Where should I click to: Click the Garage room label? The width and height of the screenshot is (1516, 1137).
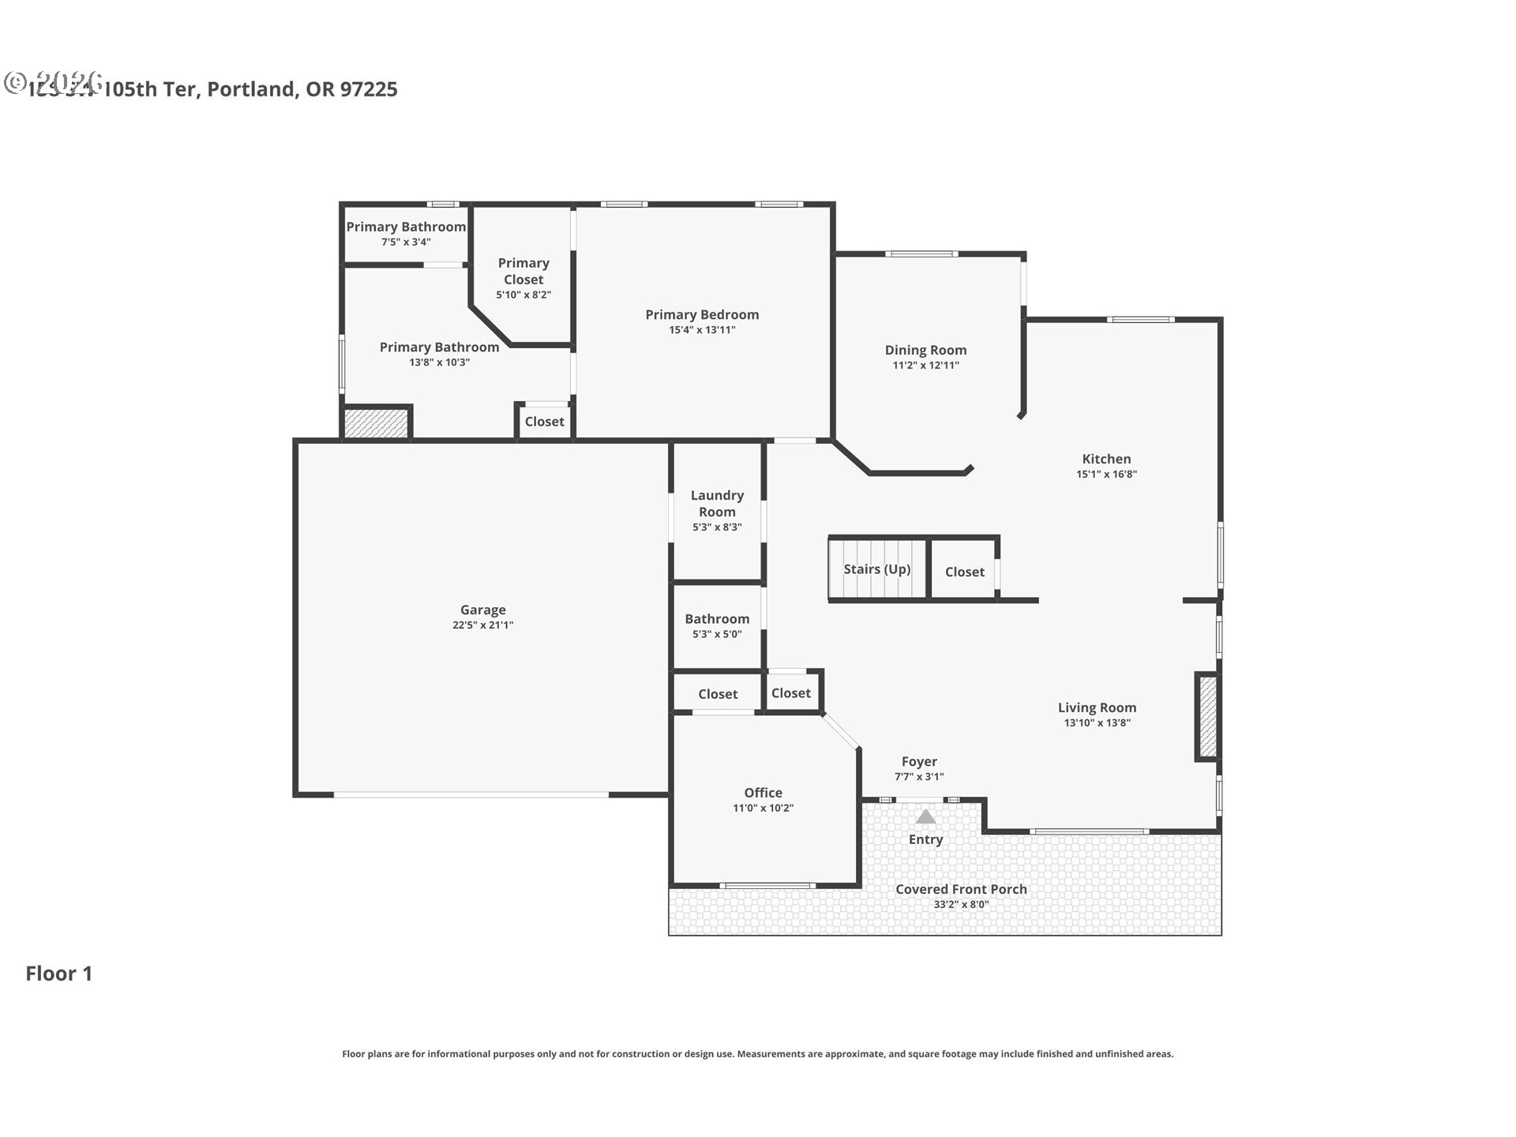[x=482, y=610]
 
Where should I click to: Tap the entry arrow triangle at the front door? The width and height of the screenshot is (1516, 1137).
[x=925, y=816]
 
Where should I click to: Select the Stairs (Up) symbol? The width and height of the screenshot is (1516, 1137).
[x=876, y=569]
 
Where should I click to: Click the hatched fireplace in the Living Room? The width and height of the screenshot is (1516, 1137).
[x=1207, y=717]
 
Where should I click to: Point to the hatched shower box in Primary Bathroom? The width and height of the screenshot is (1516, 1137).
[x=377, y=422]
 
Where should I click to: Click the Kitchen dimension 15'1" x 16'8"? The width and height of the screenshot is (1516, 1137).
[x=1106, y=475]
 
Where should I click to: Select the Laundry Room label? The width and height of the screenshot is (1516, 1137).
[x=717, y=503]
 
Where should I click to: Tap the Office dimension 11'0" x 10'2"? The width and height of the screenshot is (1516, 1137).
[x=763, y=809]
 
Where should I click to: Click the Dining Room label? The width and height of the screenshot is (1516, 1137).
[x=925, y=350]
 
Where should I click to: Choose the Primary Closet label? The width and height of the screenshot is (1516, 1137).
[x=523, y=271]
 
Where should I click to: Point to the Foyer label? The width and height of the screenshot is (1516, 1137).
[x=919, y=761]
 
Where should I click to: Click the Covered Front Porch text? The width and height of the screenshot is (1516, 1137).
[x=961, y=889]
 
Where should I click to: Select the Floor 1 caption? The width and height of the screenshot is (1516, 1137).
[x=59, y=974]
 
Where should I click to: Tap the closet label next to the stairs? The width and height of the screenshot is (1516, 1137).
[x=964, y=572]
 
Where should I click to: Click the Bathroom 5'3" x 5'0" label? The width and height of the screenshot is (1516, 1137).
[x=717, y=619]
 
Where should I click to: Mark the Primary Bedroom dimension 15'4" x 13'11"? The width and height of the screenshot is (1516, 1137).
[x=702, y=330]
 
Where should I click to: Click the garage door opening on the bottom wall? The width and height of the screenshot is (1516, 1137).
[x=471, y=794]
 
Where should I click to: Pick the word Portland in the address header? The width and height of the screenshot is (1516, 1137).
[x=252, y=89]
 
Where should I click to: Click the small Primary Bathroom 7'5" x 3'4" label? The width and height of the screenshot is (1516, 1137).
[x=406, y=227]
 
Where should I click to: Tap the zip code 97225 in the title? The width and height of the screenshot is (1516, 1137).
[x=369, y=89]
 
